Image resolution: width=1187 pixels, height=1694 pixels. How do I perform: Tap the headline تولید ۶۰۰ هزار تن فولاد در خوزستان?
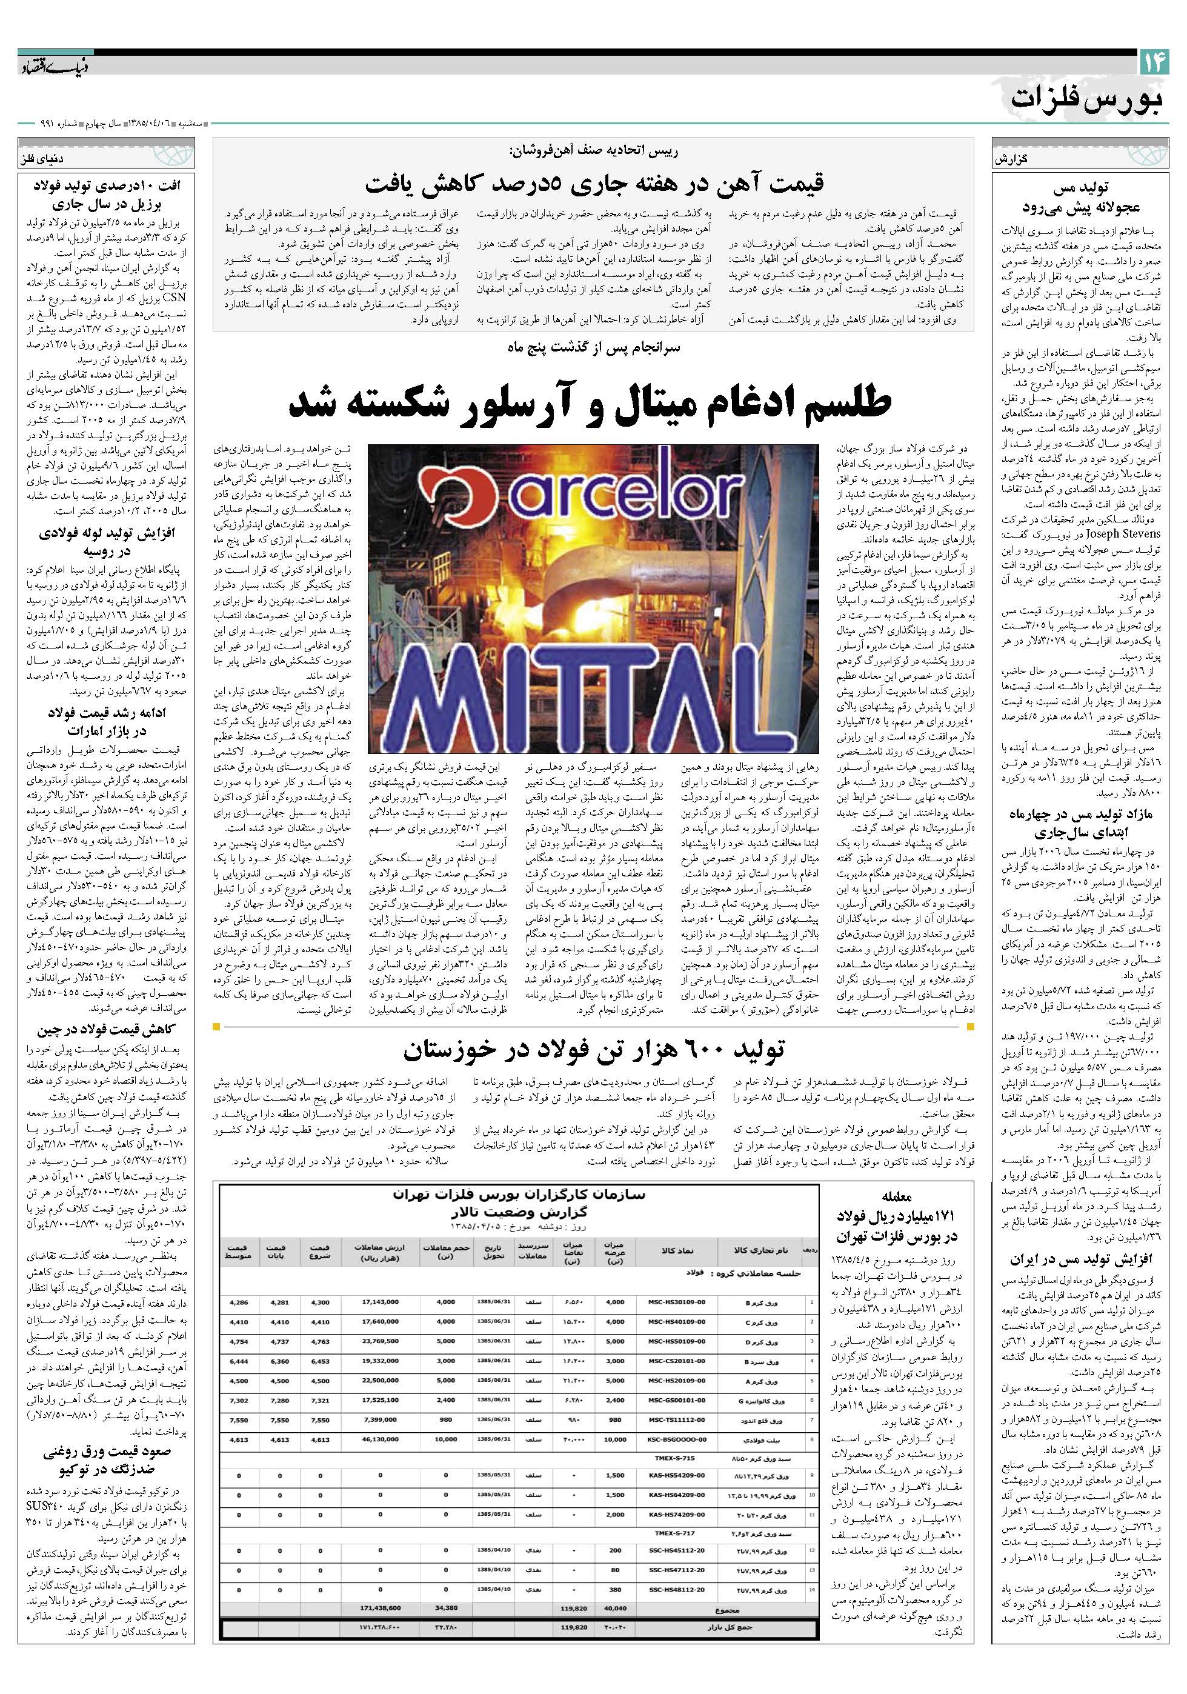coord(593,1048)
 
